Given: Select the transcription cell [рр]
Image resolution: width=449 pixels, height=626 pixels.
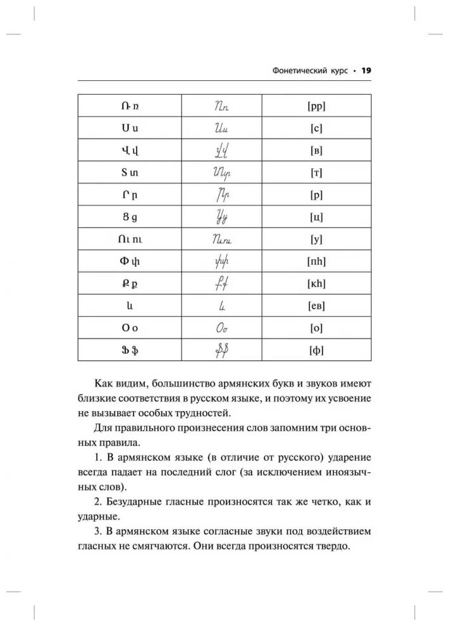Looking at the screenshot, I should point(317,106).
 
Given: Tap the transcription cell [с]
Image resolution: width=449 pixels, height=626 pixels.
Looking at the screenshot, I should point(317,128).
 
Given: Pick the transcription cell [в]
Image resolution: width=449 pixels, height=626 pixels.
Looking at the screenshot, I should point(317,150).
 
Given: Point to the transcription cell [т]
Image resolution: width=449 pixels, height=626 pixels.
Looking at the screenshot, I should point(317,173).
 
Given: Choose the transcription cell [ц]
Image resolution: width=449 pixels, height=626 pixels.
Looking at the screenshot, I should point(317,217).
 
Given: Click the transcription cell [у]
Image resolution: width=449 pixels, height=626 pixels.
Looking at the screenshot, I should point(317,239).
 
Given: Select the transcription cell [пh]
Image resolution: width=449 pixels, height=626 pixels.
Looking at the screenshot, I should point(317,261).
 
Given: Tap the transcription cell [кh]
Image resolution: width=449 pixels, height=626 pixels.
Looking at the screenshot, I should point(317,283).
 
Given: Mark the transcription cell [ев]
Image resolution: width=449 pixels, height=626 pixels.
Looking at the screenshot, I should point(317,305).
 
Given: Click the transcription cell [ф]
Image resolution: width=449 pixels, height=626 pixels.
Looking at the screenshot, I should point(317,350).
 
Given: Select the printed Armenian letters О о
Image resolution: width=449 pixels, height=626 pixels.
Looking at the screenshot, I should point(130,328).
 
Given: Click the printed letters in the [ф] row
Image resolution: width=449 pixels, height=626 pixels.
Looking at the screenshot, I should point(130,350).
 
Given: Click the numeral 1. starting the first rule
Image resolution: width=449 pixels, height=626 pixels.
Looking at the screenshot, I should point(97,457).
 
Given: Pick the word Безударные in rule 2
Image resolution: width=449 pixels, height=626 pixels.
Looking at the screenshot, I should point(135,503).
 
